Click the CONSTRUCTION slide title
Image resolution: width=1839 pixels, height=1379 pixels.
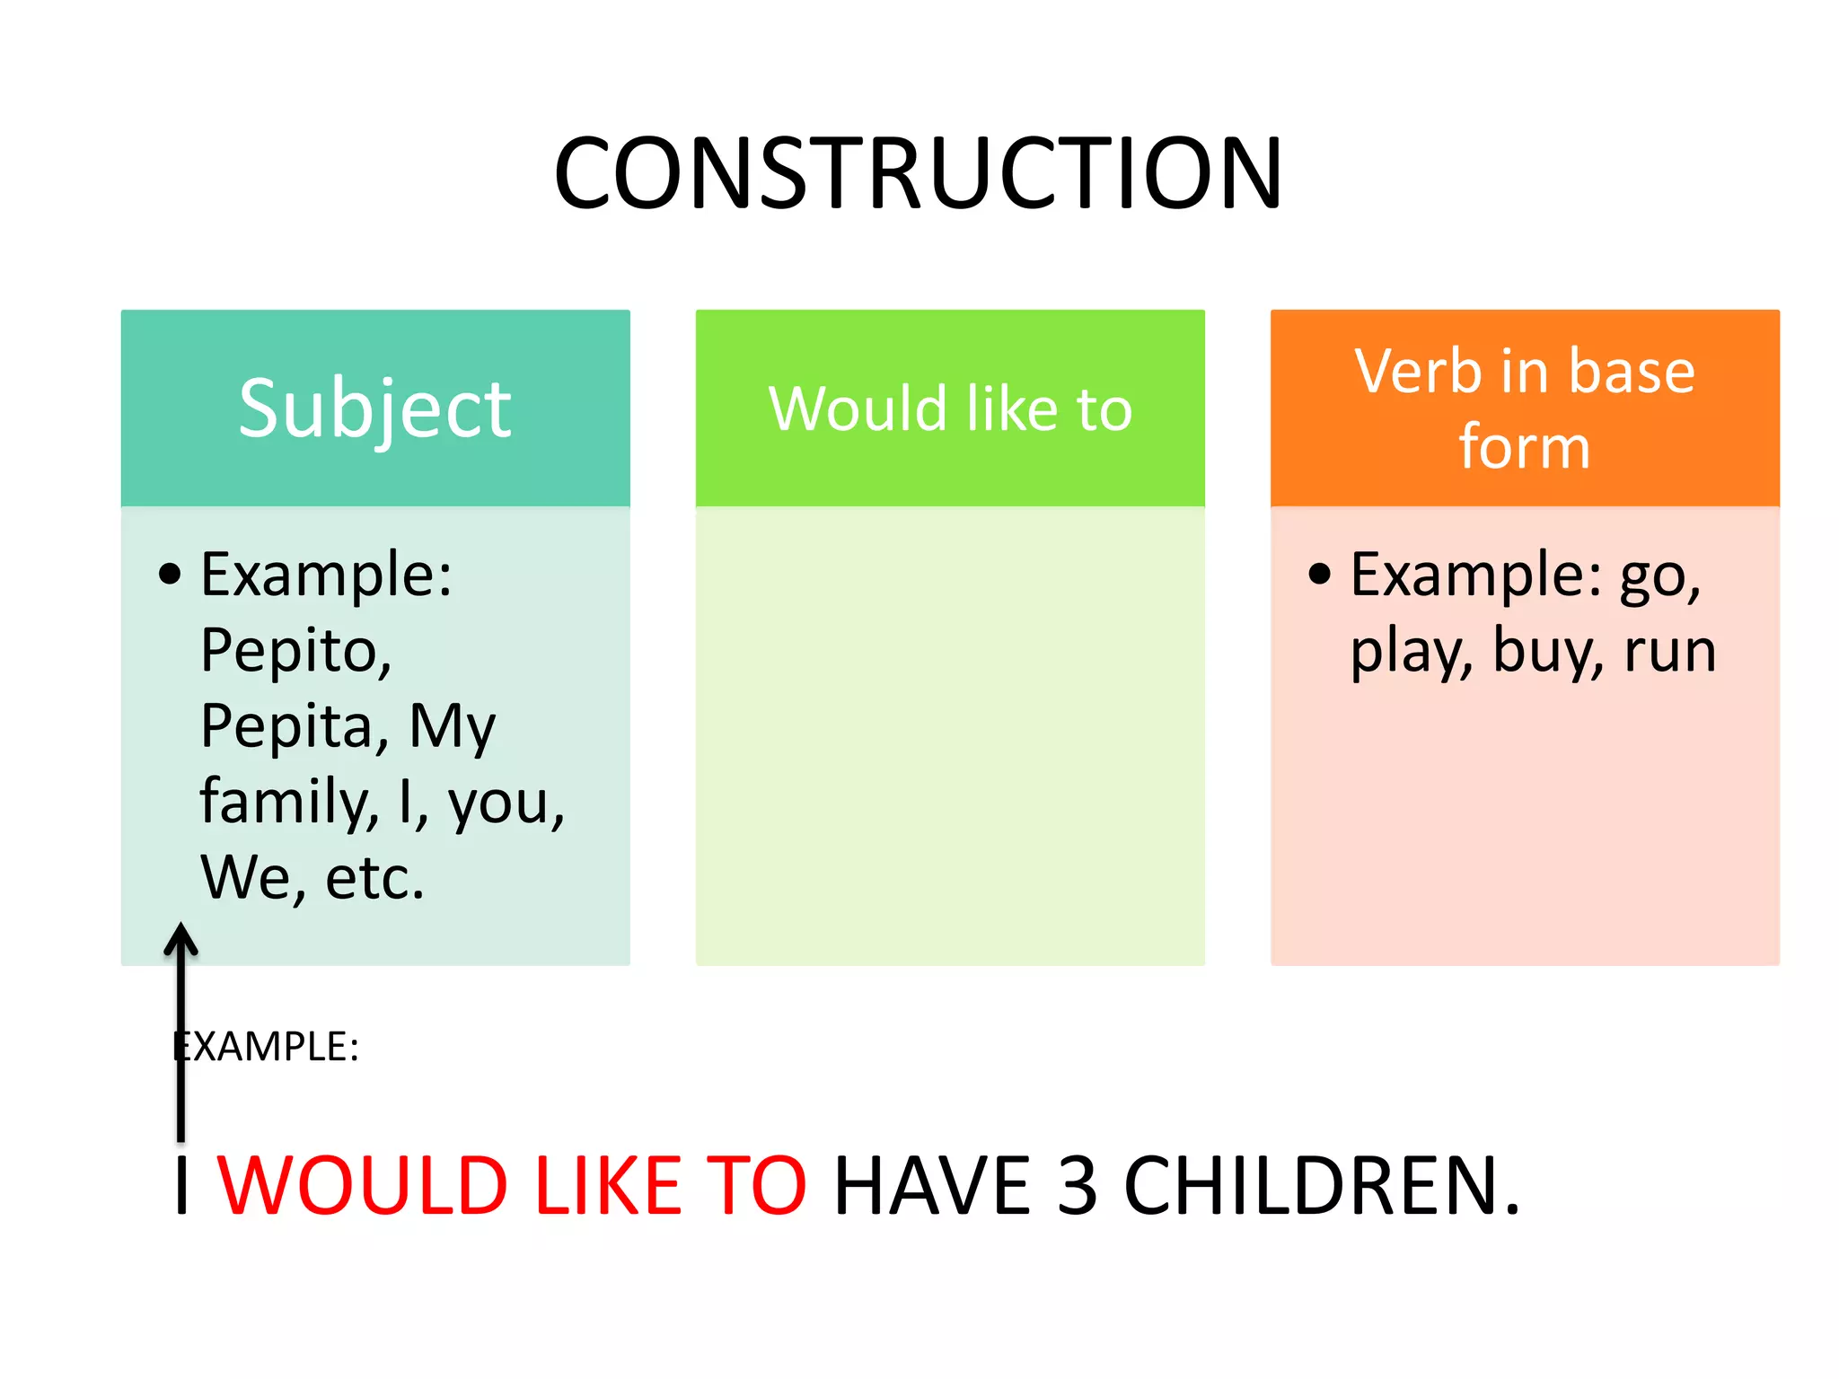(x=918, y=173)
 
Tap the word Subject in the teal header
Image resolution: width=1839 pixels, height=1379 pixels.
(x=374, y=409)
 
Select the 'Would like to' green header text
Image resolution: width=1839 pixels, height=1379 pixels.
(x=950, y=409)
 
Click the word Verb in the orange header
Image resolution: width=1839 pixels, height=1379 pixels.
(x=1418, y=372)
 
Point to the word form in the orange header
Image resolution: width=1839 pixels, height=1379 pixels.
(x=1524, y=446)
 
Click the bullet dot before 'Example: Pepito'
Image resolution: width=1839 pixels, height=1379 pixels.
(x=170, y=575)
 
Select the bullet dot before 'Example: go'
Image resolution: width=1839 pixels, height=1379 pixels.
(x=1319, y=575)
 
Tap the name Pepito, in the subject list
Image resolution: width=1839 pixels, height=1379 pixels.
(x=295, y=651)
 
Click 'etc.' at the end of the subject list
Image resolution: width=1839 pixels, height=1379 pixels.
(x=374, y=878)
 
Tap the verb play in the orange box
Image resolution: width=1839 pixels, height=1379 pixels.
(x=1411, y=653)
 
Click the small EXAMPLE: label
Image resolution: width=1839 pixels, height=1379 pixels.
(x=267, y=1047)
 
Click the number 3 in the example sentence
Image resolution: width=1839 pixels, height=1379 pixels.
(x=1077, y=1187)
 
